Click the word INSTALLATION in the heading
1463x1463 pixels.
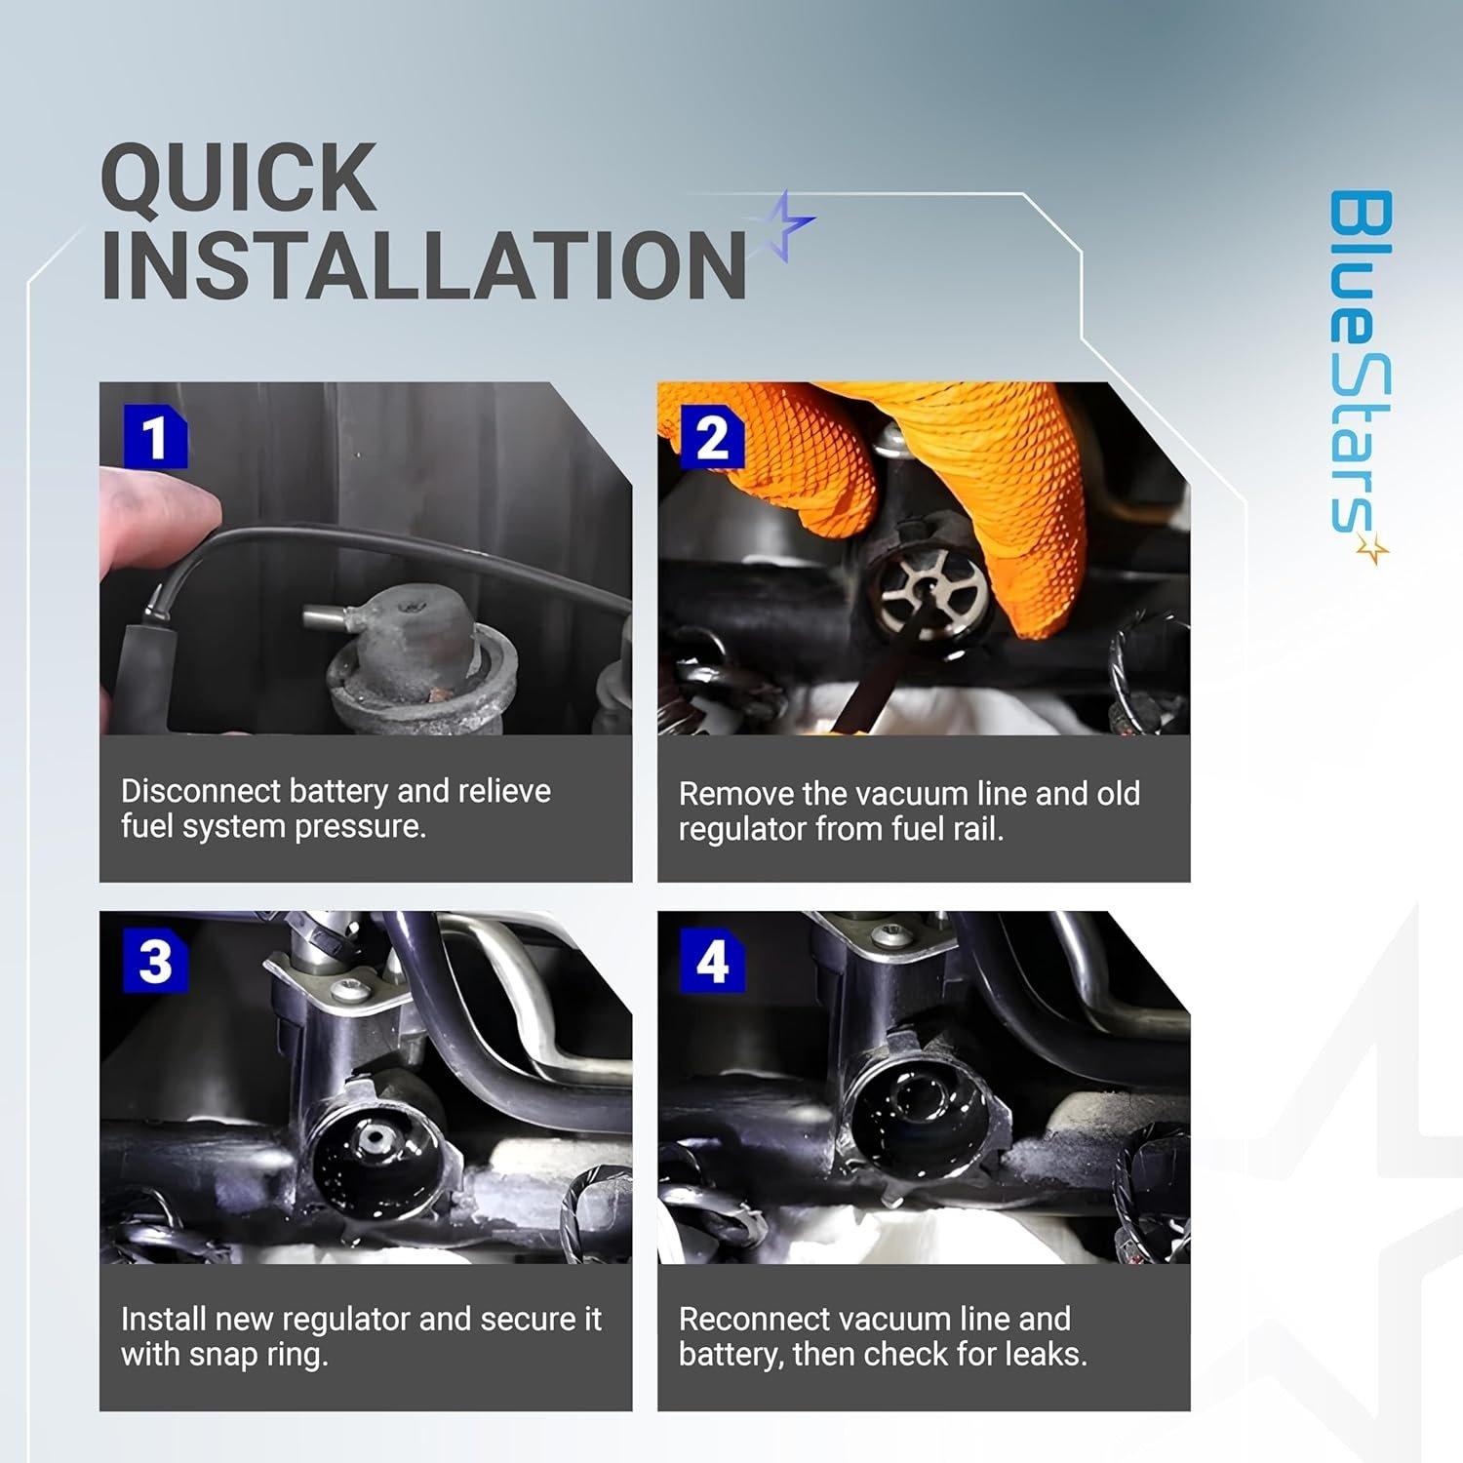click(423, 264)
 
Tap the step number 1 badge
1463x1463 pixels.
click(155, 438)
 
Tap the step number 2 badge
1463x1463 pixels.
click(712, 438)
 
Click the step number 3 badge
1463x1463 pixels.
click(155, 963)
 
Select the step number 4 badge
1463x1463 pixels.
click(712, 963)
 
